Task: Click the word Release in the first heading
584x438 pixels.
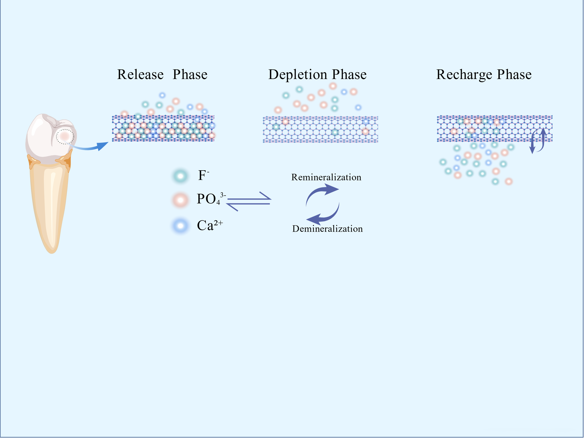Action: [140, 75]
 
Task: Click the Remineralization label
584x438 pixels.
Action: [326, 177]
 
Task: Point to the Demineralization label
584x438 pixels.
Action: [327, 229]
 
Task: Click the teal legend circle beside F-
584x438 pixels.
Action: [180, 176]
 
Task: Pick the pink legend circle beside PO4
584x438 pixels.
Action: [180, 200]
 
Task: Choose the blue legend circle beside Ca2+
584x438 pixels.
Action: [180, 226]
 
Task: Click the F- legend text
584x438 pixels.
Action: [203, 175]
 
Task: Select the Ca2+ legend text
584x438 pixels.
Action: [210, 225]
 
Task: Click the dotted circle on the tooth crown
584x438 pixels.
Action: [65, 136]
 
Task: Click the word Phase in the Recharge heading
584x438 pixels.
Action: [514, 75]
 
